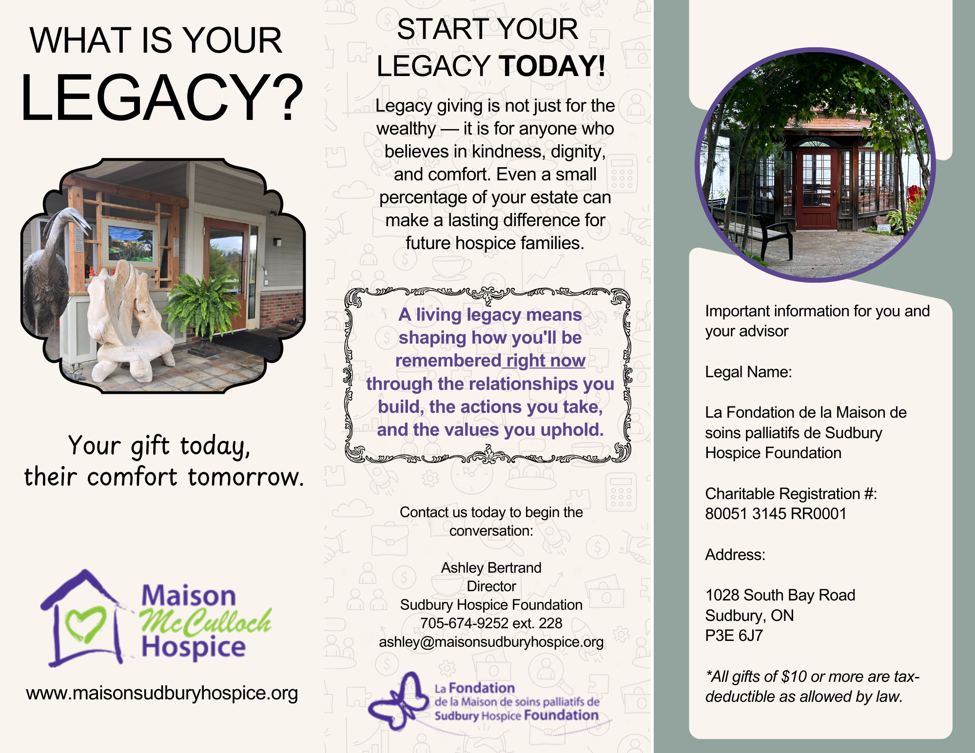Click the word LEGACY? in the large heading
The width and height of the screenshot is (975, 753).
point(162,97)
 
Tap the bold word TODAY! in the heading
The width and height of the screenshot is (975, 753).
point(552,66)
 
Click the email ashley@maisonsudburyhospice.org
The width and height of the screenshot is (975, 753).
point(491,642)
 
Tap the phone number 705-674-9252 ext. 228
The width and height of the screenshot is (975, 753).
point(491,623)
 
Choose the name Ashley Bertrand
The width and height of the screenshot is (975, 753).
point(491,568)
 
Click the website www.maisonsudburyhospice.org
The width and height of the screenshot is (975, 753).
point(162,693)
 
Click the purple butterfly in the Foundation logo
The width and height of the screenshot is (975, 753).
point(397,702)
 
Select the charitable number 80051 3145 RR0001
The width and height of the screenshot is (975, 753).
point(776,514)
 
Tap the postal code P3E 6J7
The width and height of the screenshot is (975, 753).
point(734,636)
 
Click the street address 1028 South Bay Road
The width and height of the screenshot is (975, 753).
point(780,595)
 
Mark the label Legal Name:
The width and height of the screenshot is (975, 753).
point(748,372)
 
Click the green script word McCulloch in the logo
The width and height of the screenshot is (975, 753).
point(205,622)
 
